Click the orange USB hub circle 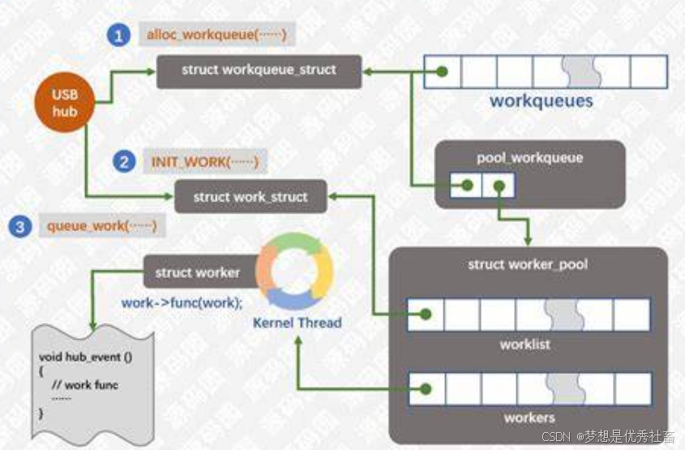(63, 103)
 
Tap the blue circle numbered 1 (119, 36)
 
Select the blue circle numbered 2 (123, 162)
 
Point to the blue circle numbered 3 (19, 226)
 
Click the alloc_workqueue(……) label (216, 35)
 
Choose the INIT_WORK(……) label (204, 161)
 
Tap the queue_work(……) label (101, 225)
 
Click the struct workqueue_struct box (259, 70)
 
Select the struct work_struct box (250, 196)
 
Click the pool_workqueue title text (530, 156)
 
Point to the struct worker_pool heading (528, 264)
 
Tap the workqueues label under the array (541, 101)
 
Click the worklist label (524, 344)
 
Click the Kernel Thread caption (298, 322)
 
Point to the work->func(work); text (182, 302)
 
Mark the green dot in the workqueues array (441, 71)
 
